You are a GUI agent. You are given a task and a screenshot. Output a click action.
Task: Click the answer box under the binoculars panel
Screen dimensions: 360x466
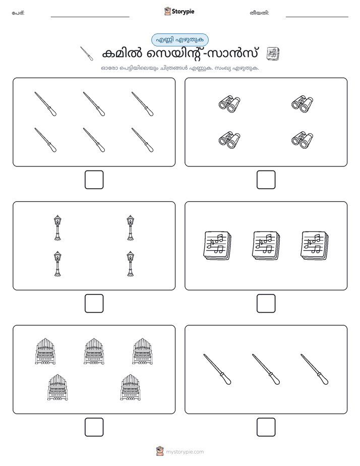click(266, 180)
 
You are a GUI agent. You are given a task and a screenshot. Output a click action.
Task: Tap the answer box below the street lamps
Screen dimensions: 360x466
click(94, 304)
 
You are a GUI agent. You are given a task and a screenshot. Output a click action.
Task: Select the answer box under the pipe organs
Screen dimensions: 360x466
click(94, 427)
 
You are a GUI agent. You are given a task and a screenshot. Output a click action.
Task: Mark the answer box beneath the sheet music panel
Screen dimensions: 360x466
click(266, 304)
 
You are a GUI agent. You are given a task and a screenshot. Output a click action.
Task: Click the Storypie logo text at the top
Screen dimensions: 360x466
click(183, 12)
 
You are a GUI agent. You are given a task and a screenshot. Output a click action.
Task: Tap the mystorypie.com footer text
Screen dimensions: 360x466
click(185, 452)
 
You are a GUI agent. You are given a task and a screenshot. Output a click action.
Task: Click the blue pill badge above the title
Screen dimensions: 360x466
click(179, 40)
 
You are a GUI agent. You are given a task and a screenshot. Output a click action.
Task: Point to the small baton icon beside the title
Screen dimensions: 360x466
click(87, 53)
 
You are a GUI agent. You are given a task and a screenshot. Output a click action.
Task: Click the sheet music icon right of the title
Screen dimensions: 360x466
click(273, 54)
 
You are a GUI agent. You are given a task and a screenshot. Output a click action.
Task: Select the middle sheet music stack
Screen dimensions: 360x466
click(266, 246)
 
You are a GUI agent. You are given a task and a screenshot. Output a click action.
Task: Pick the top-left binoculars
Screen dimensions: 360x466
click(229, 104)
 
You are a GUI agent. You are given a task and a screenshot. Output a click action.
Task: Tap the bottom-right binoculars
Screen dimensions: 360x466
click(303, 140)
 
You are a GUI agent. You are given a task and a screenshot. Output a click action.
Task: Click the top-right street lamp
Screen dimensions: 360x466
click(131, 227)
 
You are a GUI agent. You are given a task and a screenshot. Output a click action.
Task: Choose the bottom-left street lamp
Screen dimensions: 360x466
click(57, 264)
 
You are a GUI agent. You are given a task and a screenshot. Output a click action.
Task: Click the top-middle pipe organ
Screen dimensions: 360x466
click(94, 352)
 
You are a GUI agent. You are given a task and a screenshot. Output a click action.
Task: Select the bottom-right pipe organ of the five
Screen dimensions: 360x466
click(131, 387)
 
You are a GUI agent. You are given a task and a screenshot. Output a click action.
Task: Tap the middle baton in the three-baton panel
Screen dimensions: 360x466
click(266, 369)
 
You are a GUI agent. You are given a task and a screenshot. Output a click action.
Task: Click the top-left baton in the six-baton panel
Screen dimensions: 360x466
click(45, 104)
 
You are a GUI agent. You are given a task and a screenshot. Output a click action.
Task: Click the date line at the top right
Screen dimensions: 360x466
click(317, 17)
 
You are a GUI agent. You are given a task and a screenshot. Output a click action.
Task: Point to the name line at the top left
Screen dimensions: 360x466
click(90, 17)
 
